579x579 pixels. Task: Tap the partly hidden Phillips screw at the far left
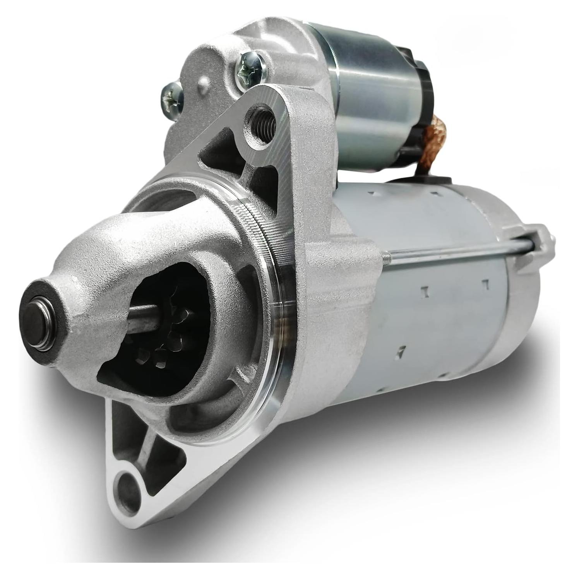(170, 95)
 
